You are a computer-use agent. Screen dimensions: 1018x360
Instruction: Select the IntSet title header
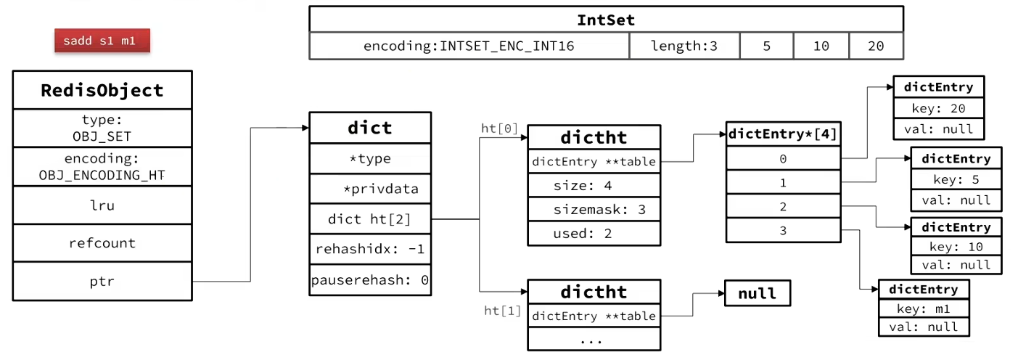tap(607, 20)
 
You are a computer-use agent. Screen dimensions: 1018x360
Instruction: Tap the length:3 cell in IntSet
tap(684, 46)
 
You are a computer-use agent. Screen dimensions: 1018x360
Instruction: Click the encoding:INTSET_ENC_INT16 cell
tap(469, 46)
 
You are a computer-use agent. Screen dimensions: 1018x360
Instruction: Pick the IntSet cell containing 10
tap(821, 46)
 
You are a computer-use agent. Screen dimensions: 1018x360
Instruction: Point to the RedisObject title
tap(102, 90)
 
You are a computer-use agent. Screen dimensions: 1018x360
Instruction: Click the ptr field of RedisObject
tap(102, 282)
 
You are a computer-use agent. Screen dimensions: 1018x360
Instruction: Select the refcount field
tap(102, 243)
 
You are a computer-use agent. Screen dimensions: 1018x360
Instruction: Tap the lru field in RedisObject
tap(102, 205)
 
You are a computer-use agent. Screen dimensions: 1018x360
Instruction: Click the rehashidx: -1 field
tap(370, 249)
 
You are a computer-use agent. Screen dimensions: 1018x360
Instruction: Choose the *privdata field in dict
tap(370, 189)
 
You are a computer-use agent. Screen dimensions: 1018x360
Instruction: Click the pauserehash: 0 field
tap(370, 280)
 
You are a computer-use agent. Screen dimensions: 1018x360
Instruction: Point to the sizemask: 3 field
tap(594, 210)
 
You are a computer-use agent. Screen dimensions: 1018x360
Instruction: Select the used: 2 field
tap(594, 234)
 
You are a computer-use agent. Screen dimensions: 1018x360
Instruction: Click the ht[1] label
tap(502, 311)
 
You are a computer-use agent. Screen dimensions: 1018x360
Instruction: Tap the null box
tap(758, 293)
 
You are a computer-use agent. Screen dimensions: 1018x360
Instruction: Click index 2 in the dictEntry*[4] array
tap(783, 206)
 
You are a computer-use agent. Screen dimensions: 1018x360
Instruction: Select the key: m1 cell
tap(924, 309)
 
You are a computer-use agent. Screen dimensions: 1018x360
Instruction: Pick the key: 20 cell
tap(938, 109)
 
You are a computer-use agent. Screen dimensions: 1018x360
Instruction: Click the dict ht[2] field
tap(370, 219)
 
